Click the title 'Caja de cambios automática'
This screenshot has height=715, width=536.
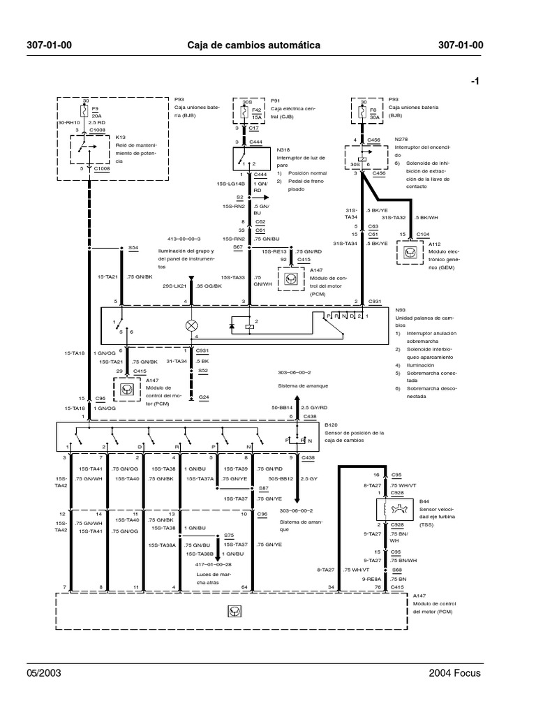click(x=254, y=45)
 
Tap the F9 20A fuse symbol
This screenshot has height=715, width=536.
click(x=86, y=112)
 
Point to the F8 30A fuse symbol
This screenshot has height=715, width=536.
click(x=363, y=112)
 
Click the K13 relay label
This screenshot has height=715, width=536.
click(x=120, y=138)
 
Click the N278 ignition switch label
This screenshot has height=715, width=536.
click(x=401, y=139)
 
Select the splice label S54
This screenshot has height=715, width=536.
click(x=133, y=248)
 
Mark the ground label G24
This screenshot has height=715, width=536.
click(x=204, y=397)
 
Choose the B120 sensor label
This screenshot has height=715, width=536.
click(x=331, y=424)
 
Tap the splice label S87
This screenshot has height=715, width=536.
click(x=263, y=488)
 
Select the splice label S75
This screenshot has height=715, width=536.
click(x=228, y=535)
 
